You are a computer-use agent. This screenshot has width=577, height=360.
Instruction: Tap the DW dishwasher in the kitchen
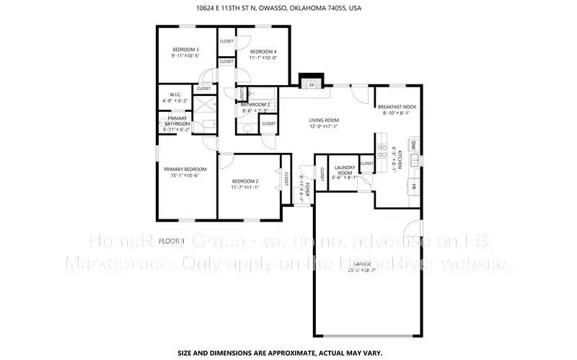[413, 146]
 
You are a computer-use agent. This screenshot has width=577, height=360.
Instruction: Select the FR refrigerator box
[413, 186]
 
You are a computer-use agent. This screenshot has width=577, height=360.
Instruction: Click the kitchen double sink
[414, 163]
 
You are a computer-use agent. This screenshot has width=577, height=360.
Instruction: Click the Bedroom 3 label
[185, 49]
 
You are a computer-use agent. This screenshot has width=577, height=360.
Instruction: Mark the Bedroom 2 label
[245, 181]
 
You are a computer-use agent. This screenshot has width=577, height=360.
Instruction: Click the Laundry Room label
[345, 171]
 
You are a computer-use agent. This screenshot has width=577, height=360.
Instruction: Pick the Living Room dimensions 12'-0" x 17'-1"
[324, 126]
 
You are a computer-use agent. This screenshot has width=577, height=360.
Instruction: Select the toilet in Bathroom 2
[247, 128]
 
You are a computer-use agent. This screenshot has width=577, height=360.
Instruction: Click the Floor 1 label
[172, 240]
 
